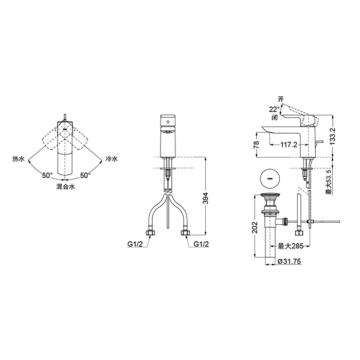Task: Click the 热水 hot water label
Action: (19, 159)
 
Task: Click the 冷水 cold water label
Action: (112, 158)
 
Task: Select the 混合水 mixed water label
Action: (66, 187)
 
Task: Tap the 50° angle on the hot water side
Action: (47, 175)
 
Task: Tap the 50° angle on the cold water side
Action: (85, 175)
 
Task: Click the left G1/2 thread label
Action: (135, 244)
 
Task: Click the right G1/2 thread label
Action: (202, 244)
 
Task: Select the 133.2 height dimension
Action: (333, 136)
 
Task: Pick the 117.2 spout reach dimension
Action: (289, 145)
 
